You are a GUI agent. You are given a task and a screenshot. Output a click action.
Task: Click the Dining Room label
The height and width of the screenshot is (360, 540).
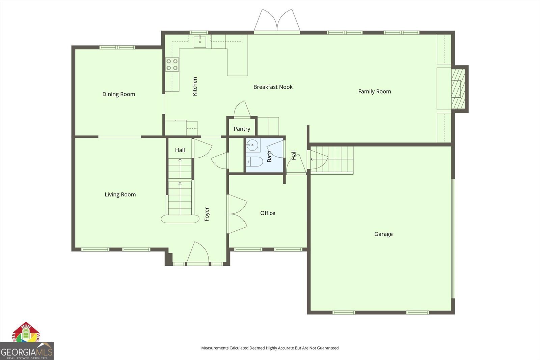(118, 94)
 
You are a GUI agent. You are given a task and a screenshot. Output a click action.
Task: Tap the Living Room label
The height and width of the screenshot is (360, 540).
(120, 195)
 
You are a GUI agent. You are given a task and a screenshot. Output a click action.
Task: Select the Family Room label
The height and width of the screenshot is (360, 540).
(374, 92)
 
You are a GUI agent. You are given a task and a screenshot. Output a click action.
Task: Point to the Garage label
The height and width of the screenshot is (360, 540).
(383, 234)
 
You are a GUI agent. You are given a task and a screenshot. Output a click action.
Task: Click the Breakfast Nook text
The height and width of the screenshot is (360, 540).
(273, 87)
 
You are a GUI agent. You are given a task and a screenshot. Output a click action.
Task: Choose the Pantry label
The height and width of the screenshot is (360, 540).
(242, 129)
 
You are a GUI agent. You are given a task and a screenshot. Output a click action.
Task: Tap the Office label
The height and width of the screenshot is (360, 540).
(268, 213)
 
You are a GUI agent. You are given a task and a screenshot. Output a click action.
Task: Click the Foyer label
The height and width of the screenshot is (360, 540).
(207, 214)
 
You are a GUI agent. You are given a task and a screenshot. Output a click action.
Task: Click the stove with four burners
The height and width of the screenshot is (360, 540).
(172, 65)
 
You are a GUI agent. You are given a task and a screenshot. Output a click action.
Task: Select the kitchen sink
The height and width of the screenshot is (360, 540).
(200, 41)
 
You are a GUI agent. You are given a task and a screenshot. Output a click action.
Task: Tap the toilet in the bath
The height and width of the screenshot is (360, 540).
(254, 162)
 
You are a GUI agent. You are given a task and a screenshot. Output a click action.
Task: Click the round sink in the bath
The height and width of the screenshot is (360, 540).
(252, 146)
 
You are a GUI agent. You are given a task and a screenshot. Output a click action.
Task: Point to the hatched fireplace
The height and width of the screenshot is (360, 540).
(458, 88)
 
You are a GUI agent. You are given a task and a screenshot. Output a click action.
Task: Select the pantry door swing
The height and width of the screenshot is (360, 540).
(242, 109)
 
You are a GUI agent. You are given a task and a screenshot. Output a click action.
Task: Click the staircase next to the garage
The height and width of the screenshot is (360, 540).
(332, 159)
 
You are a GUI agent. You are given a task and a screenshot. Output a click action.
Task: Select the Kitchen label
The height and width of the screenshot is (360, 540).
(195, 86)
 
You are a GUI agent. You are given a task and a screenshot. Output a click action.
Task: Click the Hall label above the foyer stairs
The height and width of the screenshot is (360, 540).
(180, 150)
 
